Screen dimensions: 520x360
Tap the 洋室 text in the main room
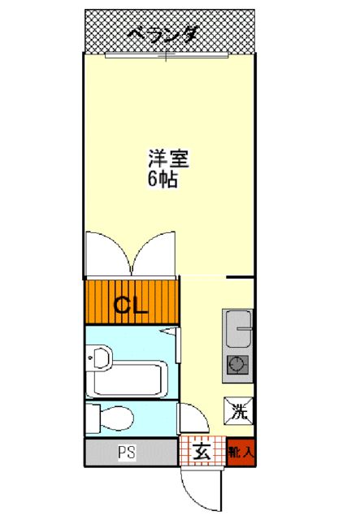coord(168,158)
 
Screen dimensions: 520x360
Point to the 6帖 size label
coord(163,180)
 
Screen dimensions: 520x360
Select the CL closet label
coord(130,306)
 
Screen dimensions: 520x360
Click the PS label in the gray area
coord(125,452)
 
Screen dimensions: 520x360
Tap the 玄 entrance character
coord(202,452)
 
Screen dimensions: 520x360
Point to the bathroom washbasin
coord(101,357)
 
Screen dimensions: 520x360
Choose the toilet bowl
coord(119,418)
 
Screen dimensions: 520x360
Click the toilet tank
coord(92,418)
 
